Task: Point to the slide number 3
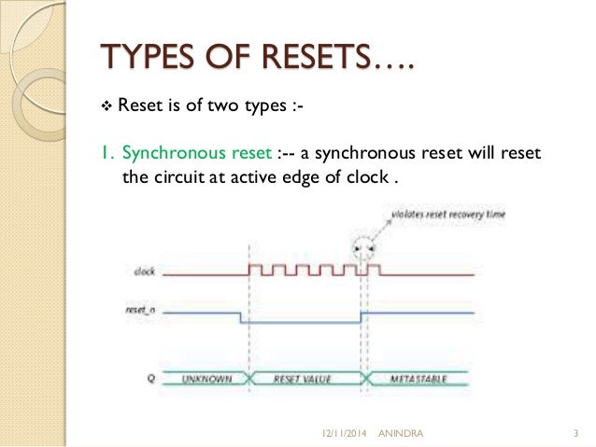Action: [575, 432]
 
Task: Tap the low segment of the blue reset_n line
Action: [299, 323]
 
